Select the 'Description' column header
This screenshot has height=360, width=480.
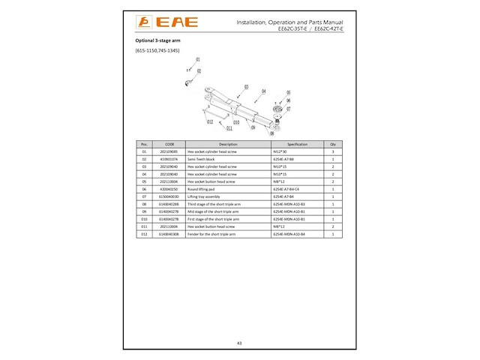(228, 143)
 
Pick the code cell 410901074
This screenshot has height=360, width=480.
(169, 159)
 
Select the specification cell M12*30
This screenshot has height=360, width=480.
(280, 151)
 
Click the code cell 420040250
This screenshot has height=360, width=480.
(169, 189)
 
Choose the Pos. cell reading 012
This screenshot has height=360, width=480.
(143, 234)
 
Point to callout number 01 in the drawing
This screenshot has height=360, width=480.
(198, 59)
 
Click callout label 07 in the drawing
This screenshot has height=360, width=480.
(288, 108)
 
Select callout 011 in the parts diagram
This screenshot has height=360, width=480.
(219, 128)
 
